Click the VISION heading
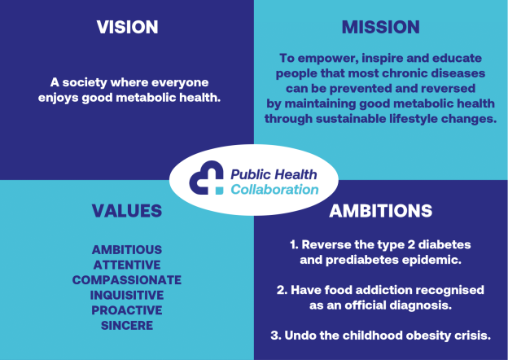pos(127,27)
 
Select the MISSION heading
pos(380,27)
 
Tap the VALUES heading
pos(126,211)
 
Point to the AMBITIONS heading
pos(380,211)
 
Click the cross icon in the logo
pos(206,178)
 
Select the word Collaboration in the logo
pos(274,189)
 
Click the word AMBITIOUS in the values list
pos(126,249)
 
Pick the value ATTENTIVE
pos(126,265)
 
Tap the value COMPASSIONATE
pos(126,279)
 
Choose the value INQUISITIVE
pos(126,295)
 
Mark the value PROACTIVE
pos(126,310)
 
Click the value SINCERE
pos(126,325)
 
